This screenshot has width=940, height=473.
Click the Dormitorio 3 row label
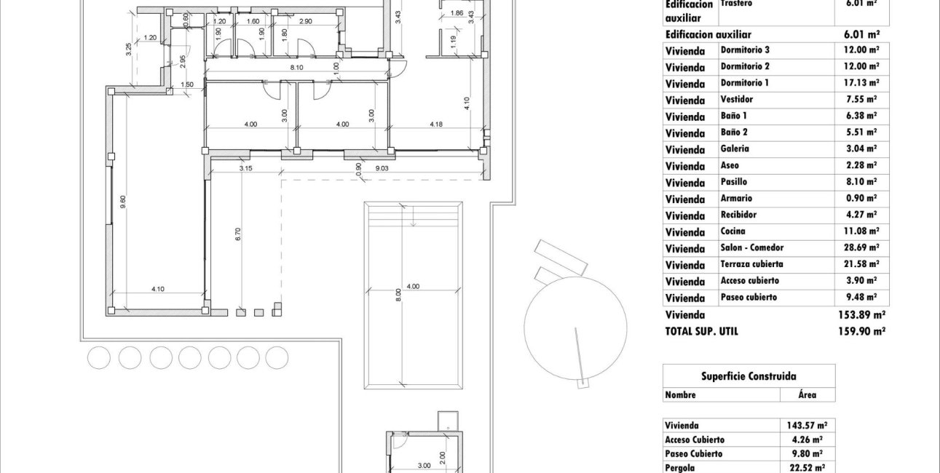click(x=745, y=50)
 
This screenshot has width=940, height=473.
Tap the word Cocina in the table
click(x=732, y=231)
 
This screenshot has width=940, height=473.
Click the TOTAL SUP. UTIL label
click(x=701, y=331)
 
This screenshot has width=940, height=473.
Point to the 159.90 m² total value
click(x=861, y=331)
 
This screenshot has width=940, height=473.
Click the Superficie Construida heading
click(x=749, y=376)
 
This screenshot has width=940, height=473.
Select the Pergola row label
click(x=681, y=469)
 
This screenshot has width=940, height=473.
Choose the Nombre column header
click(x=680, y=394)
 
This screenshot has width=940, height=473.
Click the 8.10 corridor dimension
click(x=296, y=68)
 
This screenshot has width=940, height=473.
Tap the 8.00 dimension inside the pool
click(x=398, y=295)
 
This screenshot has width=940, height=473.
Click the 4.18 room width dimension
click(x=436, y=124)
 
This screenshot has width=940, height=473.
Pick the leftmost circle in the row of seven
click(x=98, y=357)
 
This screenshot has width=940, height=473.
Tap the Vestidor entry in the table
click(x=736, y=100)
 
